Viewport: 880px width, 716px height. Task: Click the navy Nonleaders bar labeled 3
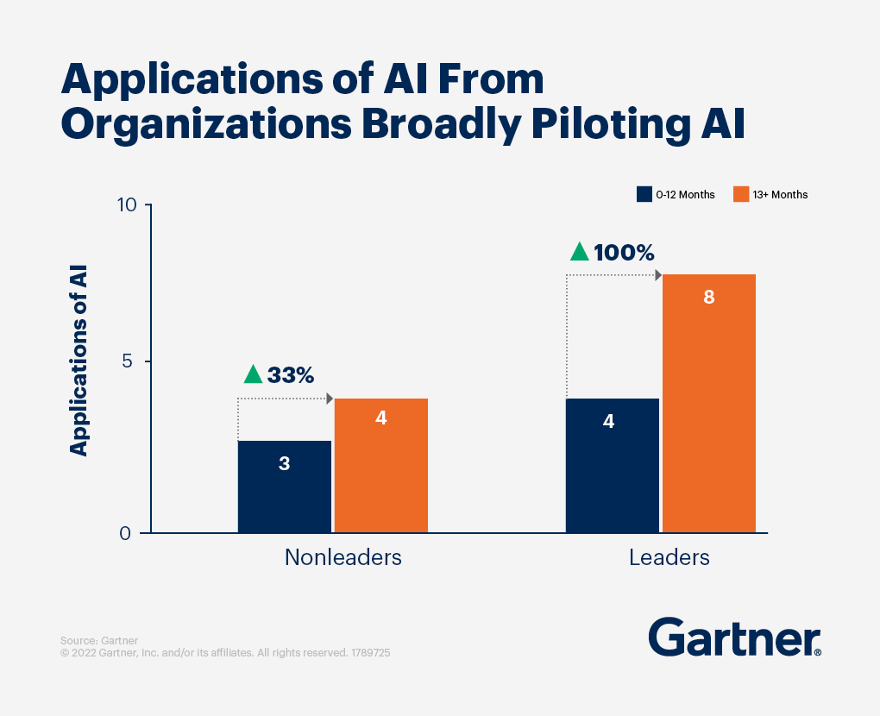point(284,487)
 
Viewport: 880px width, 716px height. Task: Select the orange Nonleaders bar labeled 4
point(380,465)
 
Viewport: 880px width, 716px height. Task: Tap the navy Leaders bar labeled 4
point(612,465)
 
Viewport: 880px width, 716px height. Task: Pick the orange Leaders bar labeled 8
point(708,403)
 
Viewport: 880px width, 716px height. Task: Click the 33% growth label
point(291,375)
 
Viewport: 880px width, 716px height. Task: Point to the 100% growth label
point(624,254)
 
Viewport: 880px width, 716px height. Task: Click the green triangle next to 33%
point(253,374)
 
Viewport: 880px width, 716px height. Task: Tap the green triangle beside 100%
point(580,252)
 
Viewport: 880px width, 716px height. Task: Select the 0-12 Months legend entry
point(676,194)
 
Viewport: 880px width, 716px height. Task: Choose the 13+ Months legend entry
point(770,194)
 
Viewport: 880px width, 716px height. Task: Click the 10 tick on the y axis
point(128,205)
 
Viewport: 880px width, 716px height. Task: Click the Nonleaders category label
point(343,557)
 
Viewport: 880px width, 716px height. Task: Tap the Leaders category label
point(669,557)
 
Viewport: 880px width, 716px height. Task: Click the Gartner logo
point(734,637)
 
